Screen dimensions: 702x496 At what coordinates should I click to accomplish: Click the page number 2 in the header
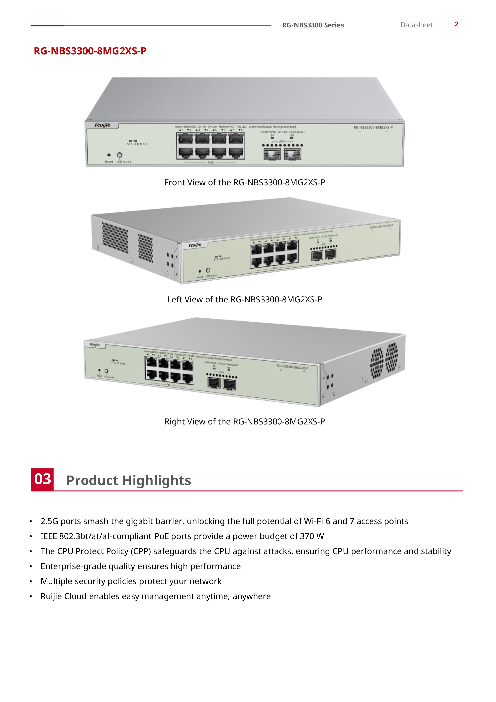coord(456,24)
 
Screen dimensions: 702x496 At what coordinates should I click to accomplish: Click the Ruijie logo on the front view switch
coord(103,125)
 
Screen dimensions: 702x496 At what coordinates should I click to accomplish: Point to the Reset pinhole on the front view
coord(109,155)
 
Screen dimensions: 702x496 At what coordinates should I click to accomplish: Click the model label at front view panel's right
coord(373,127)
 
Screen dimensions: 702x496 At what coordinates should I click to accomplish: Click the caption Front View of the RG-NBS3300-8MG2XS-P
coord(244,183)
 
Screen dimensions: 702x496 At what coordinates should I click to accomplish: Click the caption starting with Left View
coord(244,299)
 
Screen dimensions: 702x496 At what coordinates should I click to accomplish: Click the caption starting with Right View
coord(244,422)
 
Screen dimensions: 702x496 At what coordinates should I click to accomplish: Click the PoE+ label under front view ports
coord(211,162)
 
